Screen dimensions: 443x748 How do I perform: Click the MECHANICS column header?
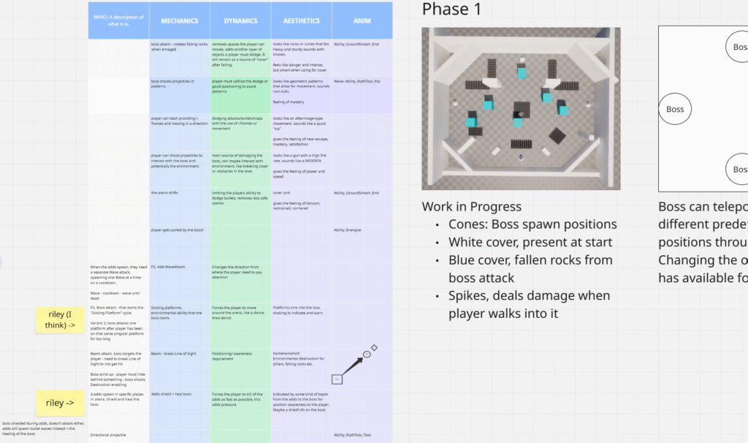tap(179, 21)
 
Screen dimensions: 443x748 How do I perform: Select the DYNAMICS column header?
tap(240, 21)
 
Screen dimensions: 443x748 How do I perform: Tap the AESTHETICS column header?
tap(301, 21)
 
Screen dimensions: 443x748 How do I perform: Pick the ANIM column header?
tap(362, 21)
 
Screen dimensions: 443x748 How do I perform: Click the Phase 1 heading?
tap(451, 10)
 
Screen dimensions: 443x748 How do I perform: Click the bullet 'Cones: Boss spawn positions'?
tap(533, 224)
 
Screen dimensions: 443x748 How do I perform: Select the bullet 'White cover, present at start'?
tap(530, 242)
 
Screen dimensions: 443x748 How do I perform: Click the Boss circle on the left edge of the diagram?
tap(675, 110)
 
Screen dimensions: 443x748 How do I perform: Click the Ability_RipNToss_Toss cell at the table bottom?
tap(352, 435)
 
